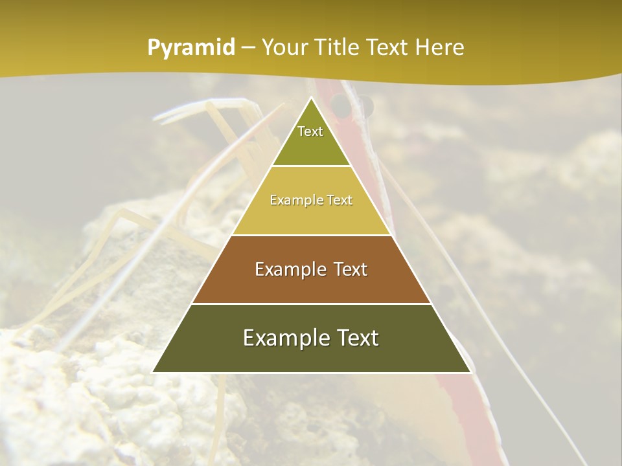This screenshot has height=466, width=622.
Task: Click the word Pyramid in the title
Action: [190, 48]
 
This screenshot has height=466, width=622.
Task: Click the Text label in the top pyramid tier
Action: [310, 131]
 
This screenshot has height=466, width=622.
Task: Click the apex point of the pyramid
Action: [311, 98]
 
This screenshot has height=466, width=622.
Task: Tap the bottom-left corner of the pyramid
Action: [153, 372]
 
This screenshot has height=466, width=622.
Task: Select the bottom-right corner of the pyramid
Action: [470, 372]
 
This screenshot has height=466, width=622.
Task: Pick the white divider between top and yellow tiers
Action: [311, 166]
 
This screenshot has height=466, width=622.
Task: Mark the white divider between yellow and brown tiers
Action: [311, 235]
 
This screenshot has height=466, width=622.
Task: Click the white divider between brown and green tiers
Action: [311, 304]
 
